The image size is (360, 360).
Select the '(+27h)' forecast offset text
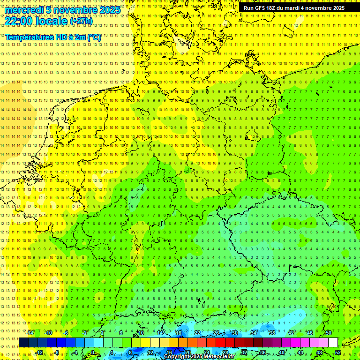point(81,21)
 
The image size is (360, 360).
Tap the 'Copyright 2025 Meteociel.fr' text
point(199,356)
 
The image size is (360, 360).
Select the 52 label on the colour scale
point(338,352)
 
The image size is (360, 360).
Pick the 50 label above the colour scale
point(328,333)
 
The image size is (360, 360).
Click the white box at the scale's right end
point(333,343)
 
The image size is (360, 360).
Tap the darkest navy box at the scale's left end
point(23,343)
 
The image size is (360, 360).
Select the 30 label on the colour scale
point(234,333)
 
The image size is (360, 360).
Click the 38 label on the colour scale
point(272,333)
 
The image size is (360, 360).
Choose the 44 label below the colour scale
point(300,352)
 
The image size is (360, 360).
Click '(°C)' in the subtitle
point(94,37)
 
